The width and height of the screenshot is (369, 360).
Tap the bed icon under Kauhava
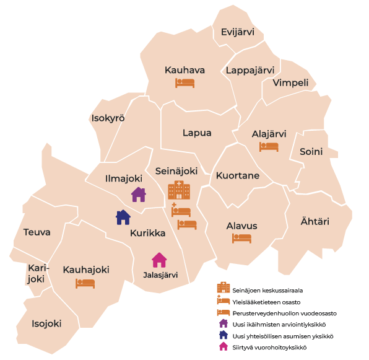184,82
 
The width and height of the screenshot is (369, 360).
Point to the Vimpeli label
291,83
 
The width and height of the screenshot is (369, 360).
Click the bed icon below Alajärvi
269,147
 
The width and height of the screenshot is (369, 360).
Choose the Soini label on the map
311,151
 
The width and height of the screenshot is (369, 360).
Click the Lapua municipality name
197,133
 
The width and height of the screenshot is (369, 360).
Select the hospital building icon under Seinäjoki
179,190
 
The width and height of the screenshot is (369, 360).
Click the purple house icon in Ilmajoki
139,195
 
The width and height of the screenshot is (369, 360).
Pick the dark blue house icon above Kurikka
123,217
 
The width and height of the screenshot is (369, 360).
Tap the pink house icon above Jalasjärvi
159,259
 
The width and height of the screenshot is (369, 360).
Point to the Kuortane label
238,176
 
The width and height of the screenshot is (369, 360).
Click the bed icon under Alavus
241,238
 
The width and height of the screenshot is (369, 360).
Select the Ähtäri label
315,221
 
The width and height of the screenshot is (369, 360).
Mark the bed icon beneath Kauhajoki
85,283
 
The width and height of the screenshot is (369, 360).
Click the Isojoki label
47,323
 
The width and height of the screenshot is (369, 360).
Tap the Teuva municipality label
37,232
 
